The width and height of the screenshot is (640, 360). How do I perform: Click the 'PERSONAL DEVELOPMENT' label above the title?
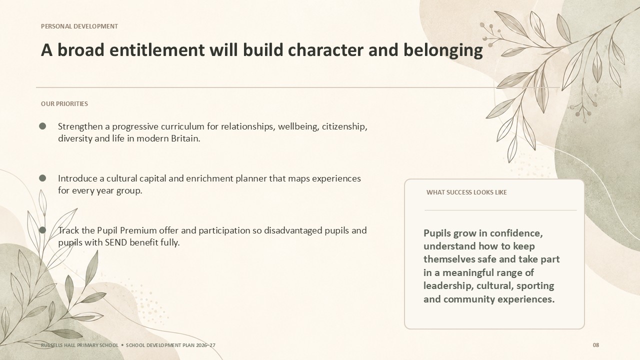[79, 26]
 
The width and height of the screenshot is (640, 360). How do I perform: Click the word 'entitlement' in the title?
[157, 50]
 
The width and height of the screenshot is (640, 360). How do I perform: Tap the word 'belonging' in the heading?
[443, 50]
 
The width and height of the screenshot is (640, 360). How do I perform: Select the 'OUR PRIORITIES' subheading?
[64, 103]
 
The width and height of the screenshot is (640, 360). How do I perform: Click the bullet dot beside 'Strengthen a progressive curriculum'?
[42, 126]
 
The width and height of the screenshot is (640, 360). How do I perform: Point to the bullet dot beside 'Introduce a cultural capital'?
[42, 178]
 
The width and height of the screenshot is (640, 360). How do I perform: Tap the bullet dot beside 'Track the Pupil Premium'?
[42, 230]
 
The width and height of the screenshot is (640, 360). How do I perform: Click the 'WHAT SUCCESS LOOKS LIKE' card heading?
[466, 192]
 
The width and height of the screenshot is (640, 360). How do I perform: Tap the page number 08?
[596, 345]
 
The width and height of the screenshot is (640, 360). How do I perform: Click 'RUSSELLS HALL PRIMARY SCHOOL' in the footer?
[79, 345]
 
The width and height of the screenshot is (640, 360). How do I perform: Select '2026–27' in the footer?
[205, 345]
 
